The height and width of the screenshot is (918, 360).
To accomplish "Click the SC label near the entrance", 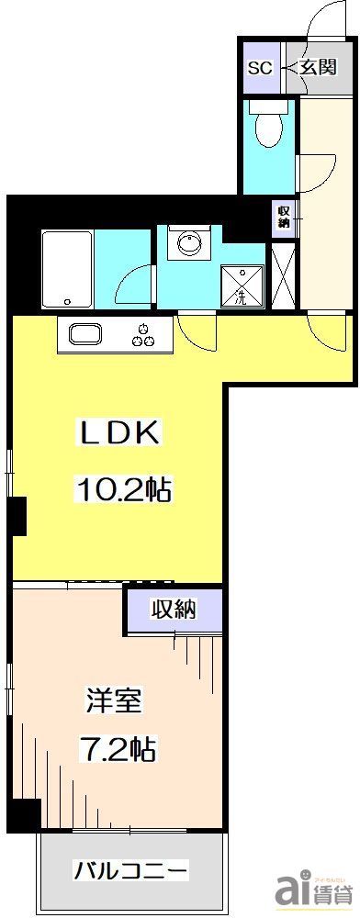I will click(x=260, y=68).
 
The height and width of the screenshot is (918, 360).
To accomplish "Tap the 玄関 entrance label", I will click(x=315, y=68).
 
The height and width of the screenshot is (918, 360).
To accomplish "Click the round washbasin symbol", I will click(x=190, y=245).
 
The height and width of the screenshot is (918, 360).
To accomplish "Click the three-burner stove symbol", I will click(x=142, y=336).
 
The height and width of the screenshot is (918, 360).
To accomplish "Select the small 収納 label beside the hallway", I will click(x=285, y=218).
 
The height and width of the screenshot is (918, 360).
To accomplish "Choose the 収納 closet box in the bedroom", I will click(x=174, y=608).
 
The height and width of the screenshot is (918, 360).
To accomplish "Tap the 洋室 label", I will click(x=115, y=701).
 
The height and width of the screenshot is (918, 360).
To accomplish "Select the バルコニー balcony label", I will click(x=131, y=868).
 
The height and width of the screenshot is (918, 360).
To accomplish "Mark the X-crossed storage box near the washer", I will click(x=284, y=276).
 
